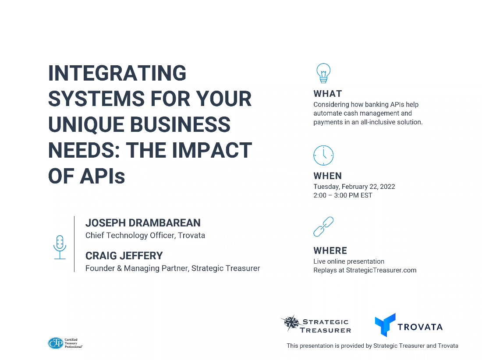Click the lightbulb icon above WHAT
tap(323, 73)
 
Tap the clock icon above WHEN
tap(323, 155)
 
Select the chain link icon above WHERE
tap(323, 227)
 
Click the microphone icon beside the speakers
tap(60, 247)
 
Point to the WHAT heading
tap(328, 94)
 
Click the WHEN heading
tap(328, 176)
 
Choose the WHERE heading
tap(330, 251)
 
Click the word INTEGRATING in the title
tap(117, 73)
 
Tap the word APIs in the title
tap(103, 176)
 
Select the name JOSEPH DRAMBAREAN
tap(143, 222)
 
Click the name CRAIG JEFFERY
tap(124, 256)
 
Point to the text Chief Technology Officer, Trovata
tap(145, 235)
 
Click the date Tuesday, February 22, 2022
tap(354, 187)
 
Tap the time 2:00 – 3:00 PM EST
tap(343, 195)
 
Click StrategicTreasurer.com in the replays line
tap(381, 270)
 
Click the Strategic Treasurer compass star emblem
tap(291, 323)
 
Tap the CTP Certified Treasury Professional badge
tap(65, 343)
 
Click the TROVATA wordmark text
tap(420, 327)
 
